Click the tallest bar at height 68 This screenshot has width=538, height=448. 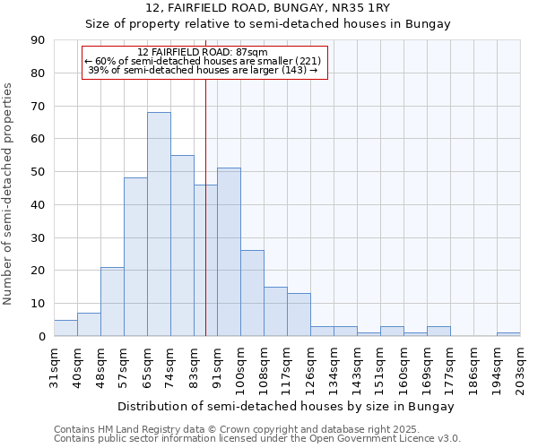pyautogui.click(x=159, y=224)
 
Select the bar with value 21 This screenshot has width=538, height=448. pyautogui.click(x=112, y=301)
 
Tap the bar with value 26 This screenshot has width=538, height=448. pyautogui.click(x=252, y=293)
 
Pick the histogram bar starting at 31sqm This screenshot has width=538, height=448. pyautogui.click(x=65, y=328)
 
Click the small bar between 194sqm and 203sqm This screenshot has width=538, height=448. pyautogui.click(x=508, y=334)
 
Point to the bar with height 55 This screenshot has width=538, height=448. pyautogui.click(x=182, y=246)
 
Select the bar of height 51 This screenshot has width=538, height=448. pyautogui.click(x=229, y=252)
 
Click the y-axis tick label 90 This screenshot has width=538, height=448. pyautogui.click(x=38, y=40)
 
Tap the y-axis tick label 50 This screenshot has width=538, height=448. pyautogui.click(x=38, y=172)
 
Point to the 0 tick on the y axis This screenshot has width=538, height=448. pyautogui.click(x=41, y=337)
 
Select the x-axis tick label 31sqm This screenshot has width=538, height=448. pyautogui.click(x=54, y=365)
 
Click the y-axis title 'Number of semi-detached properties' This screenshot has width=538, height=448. pyautogui.click(x=9, y=193)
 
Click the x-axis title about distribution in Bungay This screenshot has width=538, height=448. pyautogui.click(x=285, y=406)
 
